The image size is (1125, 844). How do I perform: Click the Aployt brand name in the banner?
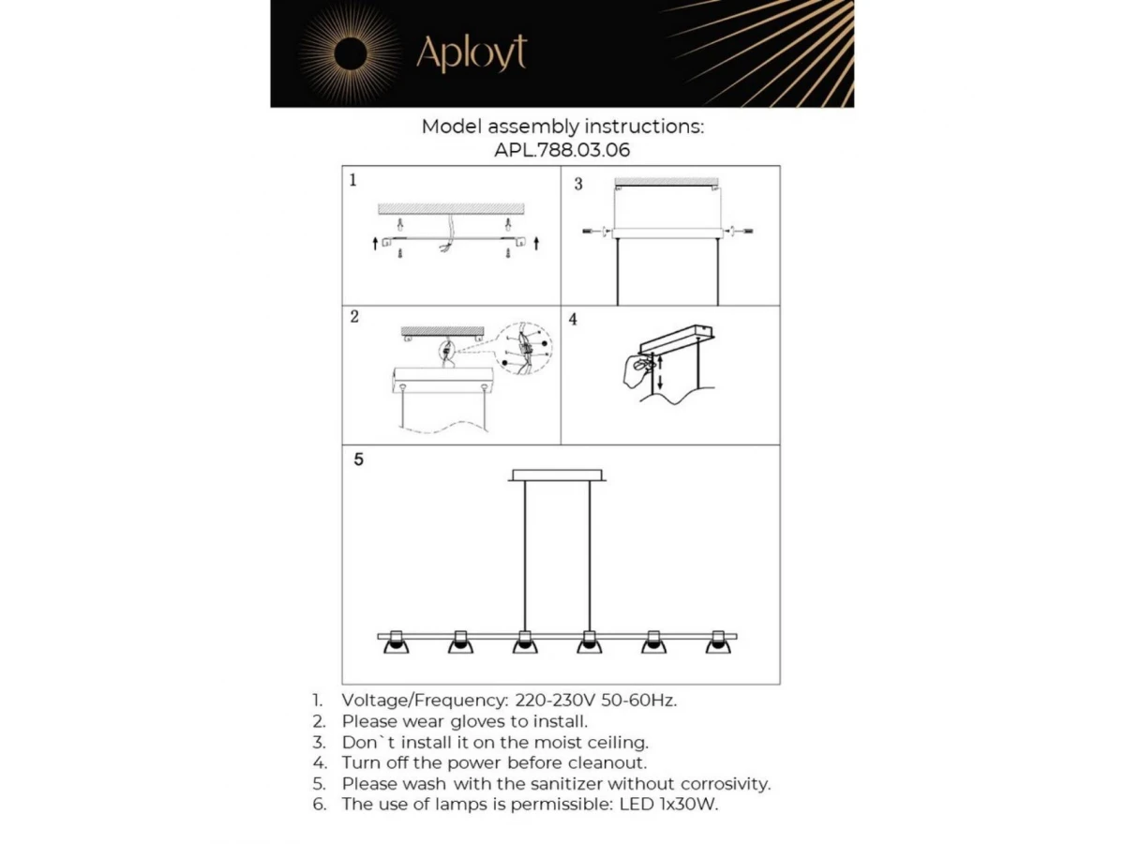471,53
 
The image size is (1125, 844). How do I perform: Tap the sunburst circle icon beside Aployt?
349,53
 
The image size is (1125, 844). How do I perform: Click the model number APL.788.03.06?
562,149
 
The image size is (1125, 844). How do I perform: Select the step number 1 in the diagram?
352,179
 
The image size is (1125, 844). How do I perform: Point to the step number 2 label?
354,316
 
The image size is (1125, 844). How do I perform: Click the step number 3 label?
578,184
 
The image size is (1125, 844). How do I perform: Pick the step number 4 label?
573,320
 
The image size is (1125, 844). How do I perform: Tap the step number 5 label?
358,460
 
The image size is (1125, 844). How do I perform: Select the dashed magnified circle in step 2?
525,349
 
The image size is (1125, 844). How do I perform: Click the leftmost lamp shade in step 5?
397,642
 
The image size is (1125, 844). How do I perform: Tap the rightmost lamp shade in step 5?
718,642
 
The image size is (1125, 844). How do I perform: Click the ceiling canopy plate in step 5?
558,475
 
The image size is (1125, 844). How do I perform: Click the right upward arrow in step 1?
535,244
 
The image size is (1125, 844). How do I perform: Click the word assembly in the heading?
530,127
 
